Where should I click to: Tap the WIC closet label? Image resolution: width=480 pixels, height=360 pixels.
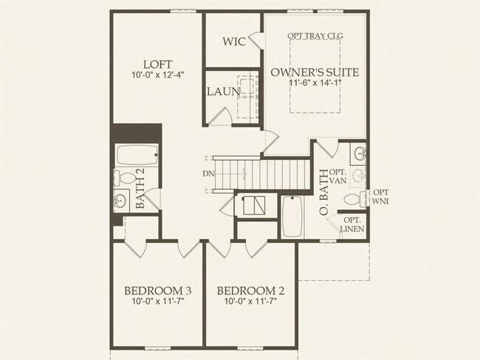point(234,41)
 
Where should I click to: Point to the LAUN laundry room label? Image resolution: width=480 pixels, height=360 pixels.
point(220,92)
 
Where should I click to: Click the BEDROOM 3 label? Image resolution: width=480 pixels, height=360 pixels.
point(157,289)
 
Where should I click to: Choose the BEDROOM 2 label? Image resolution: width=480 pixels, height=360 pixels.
point(250,289)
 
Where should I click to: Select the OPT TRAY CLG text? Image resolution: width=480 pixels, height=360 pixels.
point(315,35)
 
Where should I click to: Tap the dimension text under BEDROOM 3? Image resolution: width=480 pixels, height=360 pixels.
point(157,301)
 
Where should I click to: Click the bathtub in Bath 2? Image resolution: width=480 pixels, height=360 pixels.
point(136,156)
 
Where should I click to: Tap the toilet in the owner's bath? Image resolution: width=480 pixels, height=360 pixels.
point(354,200)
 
